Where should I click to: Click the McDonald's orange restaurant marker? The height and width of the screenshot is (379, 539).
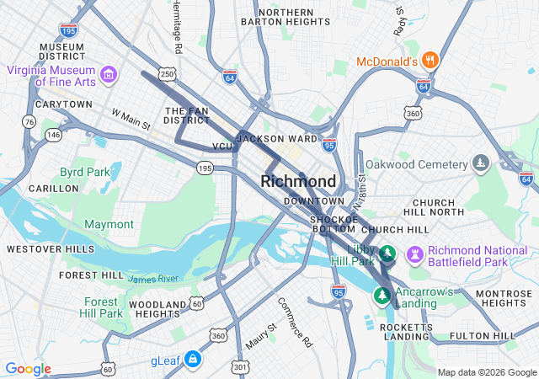pyautogui.click(x=430, y=61)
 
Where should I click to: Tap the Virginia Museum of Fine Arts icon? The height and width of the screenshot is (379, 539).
pyautogui.click(x=108, y=77)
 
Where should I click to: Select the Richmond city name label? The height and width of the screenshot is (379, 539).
pyautogui.click(x=298, y=182)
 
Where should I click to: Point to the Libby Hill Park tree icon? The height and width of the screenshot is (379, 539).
pyautogui.click(x=387, y=253)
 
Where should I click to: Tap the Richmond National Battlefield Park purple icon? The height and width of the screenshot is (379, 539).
pyautogui.click(x=414, y=254)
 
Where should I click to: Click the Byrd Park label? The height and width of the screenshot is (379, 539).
pyautogui.click(x=84, y=172)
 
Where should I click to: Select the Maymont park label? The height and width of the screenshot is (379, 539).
pyautogui.click(x=109, y=225)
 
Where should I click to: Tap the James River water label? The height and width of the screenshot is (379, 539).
pyautogui.click(x=154, y=279)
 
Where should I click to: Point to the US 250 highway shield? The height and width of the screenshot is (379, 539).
pyautogui.click(x=168, y=75)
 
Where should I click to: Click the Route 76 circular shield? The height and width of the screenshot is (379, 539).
pyautogui.click(x=29, y=122)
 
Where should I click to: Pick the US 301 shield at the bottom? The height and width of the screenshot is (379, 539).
pyautogui.click(x=240, y=366)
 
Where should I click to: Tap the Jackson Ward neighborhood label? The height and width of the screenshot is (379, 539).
pyautogui.click(x=277, y=139)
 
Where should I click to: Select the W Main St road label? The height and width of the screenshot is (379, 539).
pyautogui.click(x=130, y=119)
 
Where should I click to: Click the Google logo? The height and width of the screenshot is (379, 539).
pyautogui.click(x=28, y=369)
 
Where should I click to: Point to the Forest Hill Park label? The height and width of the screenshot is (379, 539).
pyautogui.click(x=101, y=307)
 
